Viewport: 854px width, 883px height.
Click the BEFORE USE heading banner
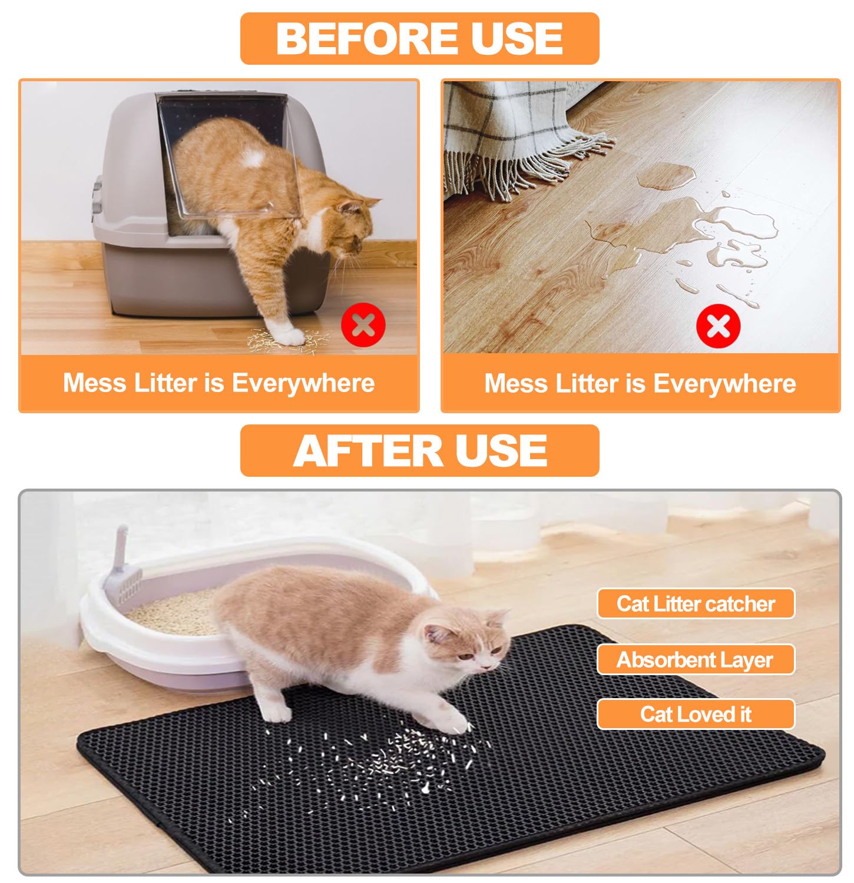click(x=419, y=39)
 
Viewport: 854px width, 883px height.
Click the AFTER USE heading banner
click(x=419, y=451)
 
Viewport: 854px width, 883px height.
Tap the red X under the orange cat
click(x=363, y=325)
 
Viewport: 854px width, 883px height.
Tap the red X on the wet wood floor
click(x=718, y=326)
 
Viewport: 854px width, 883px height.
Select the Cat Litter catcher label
click(x=696, y=604)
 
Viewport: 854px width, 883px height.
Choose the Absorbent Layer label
click(x=696, y=660)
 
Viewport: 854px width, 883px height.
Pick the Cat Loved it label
click(x=696, y=715)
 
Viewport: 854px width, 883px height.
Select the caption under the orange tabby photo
click(x=219, y=383)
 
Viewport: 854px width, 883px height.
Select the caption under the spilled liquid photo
click(x=640, y=384)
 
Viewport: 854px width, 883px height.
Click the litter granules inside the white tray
click(x=171, y=612)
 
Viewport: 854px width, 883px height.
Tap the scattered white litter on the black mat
click(x=377, y=759)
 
